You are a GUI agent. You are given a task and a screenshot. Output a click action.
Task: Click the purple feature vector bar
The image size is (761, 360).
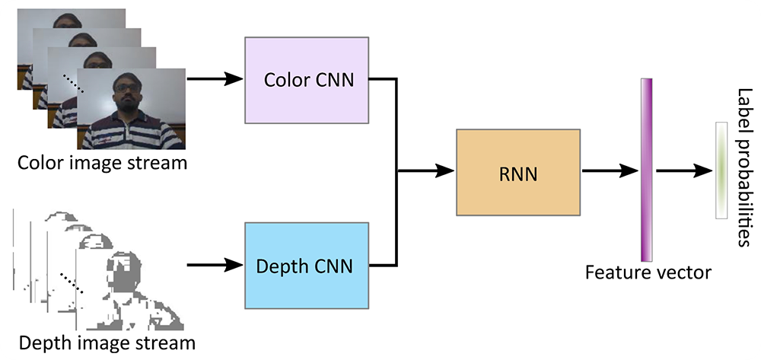647,169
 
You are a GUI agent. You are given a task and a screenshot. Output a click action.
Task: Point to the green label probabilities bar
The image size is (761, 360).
720,170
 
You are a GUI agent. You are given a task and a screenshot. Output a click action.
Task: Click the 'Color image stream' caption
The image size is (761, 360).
102,163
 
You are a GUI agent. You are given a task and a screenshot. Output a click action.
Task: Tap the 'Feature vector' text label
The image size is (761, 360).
648,272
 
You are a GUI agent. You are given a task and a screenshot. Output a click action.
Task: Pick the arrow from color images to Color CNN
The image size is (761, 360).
215,79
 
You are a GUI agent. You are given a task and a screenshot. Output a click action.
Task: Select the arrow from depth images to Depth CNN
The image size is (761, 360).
215,266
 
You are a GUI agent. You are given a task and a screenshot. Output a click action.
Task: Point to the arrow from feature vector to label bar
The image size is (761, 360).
683,173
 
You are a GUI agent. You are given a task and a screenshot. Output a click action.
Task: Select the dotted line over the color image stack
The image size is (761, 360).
74,83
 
